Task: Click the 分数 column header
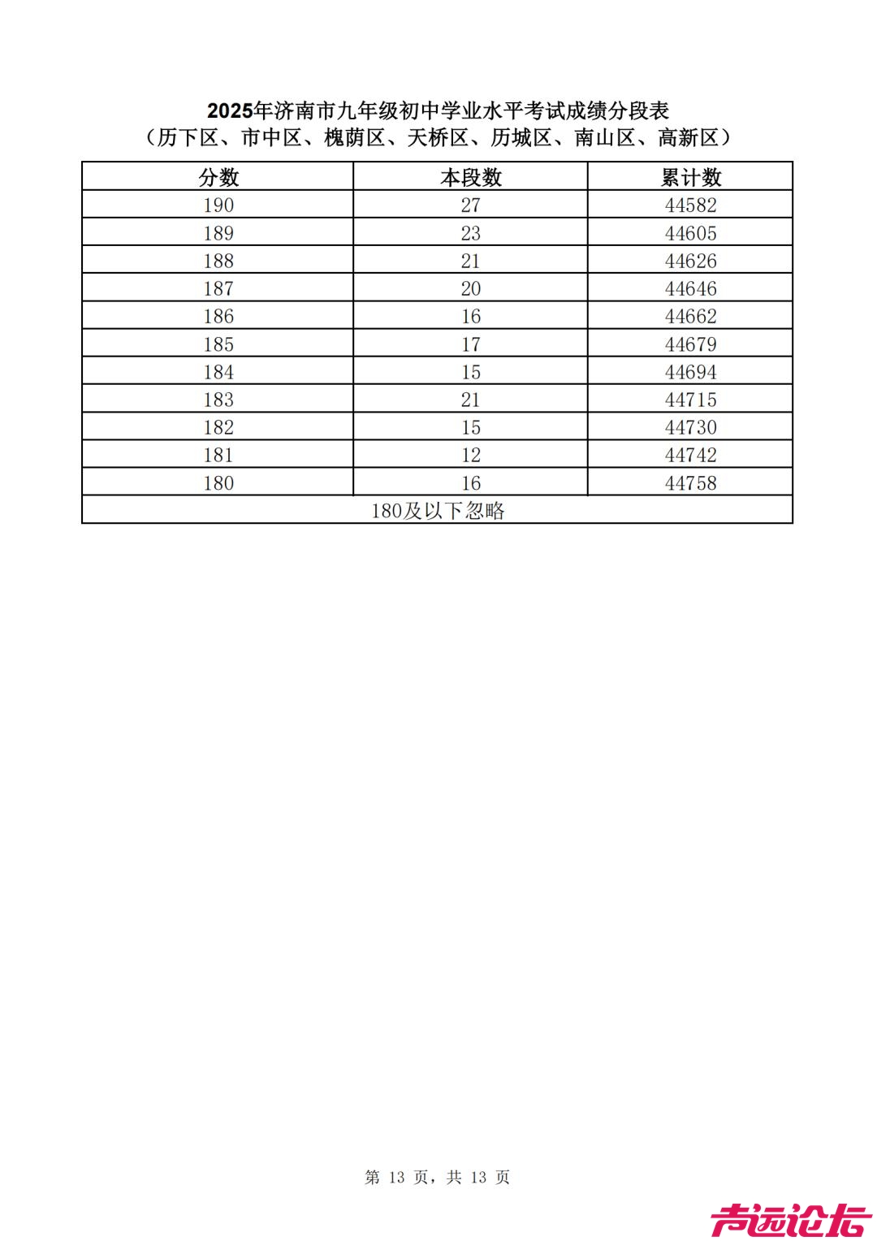(x=218, y=177)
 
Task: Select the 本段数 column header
(x=471, y=177)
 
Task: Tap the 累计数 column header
(x=691, y=177)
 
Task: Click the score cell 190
(x=218, y=205)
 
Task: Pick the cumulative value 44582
(x=691, y=205)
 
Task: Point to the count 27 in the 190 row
(x=471, y=205)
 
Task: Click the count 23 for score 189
(x=471, y=233)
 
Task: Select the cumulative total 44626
(x=691, y=261)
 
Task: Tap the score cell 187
(x=218, y=288)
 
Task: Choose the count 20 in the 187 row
(x=471, y=288)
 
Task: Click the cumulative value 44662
(x=691, y=316)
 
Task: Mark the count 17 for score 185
(x=471, y=344)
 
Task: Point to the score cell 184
(x=218, y=372)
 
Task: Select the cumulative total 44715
(x=691, y=400)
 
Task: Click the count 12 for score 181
(x=471, y=455)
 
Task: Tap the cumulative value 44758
(x=691, y=483)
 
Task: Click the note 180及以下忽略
(x=438, y=511)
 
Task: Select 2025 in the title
(x=230, y=110)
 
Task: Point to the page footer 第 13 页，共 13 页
(x=438, y=1177)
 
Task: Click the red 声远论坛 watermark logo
(x=791, y=1220)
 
